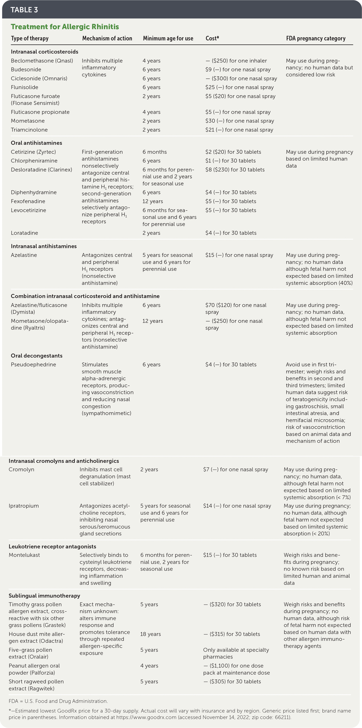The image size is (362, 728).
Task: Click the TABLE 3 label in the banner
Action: point(24,10)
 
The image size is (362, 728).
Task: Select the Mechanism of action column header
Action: point(107,38)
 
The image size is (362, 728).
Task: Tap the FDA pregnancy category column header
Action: point(316,38)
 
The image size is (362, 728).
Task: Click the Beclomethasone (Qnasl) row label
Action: point(42,61)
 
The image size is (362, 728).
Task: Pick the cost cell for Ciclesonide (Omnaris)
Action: point(241,79)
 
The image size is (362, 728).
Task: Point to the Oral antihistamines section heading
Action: point(36,143)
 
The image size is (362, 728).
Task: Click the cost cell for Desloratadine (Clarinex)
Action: point(235,170)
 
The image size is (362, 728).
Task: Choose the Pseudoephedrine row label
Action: point(33,365)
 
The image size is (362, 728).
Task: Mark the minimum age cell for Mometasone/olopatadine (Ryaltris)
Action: point(153,321)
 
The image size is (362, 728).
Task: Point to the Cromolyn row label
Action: point(21,469)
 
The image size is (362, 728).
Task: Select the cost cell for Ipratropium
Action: point(237,506)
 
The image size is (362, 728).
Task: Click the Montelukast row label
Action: point(24,555)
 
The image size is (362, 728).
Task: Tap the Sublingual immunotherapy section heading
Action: point(44,596)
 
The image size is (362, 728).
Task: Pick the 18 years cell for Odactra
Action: point(150,634)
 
